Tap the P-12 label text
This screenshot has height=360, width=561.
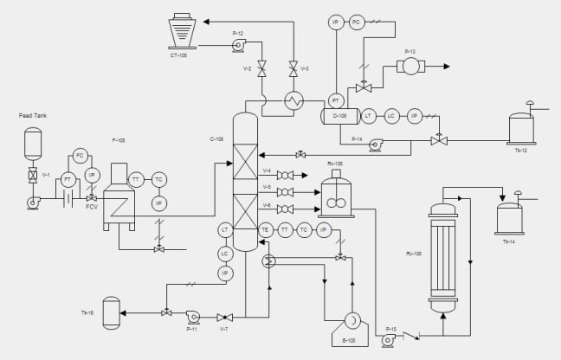pos(238,33)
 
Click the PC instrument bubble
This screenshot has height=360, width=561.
pos(357,22)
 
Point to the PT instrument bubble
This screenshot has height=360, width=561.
pos(336,100)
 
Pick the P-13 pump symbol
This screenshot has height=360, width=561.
pos(410,66)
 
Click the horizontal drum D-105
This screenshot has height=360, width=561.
pos(339,115)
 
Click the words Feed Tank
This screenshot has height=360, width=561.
pos(32,115)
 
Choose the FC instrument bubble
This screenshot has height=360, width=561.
pos(80,156)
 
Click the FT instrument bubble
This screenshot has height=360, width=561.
pos(68,179)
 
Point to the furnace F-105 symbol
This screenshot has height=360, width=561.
pos(118,199)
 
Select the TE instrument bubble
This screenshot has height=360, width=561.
pos(266,229)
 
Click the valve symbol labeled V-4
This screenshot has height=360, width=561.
pos(284,176)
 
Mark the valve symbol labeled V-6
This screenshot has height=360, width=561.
pos(284,209)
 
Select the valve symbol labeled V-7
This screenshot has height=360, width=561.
pos(224,317)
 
